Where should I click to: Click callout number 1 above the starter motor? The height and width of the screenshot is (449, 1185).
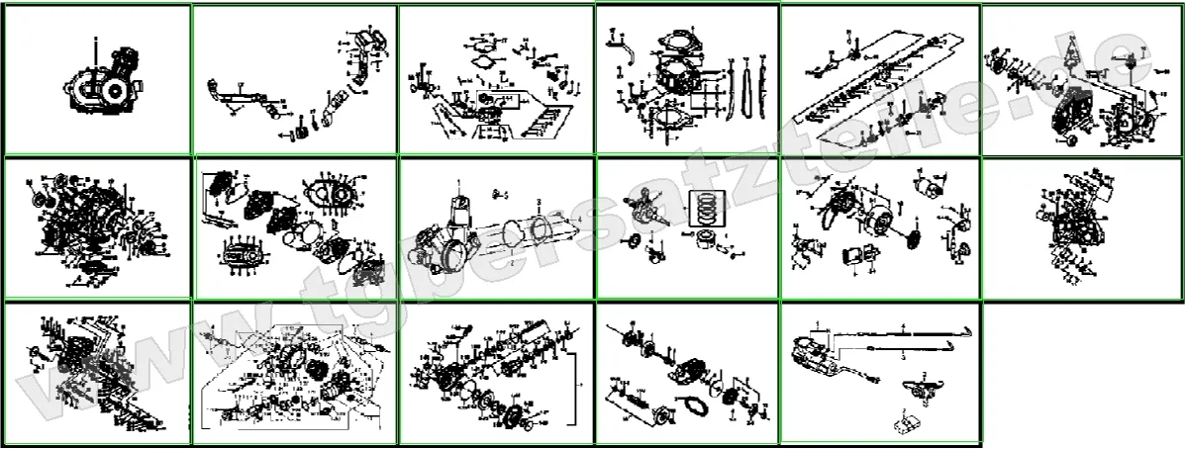pyautogui.click(x=458, y=181)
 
